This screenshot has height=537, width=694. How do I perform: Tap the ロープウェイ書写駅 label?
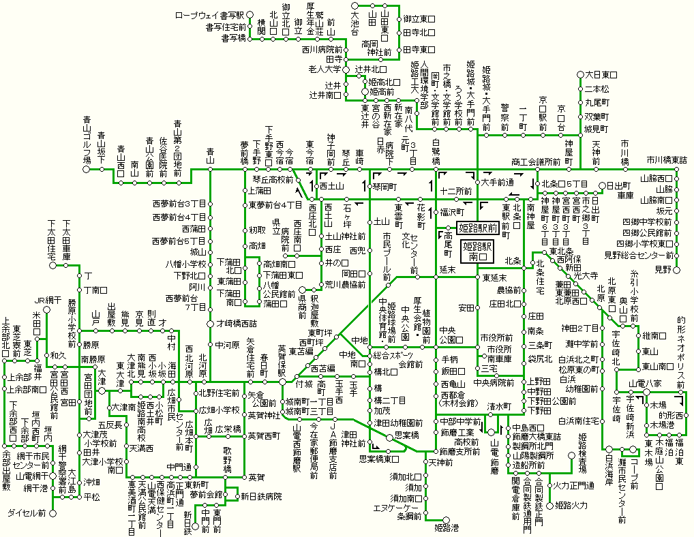click(x=210, y=14)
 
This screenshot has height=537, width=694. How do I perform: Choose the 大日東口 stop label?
click(x=601, y=74)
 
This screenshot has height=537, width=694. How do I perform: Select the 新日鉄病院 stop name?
click(x=260, y=496)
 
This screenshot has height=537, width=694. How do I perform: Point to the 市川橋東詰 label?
click(x=667, y=159)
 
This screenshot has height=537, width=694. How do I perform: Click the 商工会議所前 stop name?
click(x=536, y=162)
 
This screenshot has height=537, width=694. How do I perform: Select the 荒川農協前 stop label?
click(x=347, y=284)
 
